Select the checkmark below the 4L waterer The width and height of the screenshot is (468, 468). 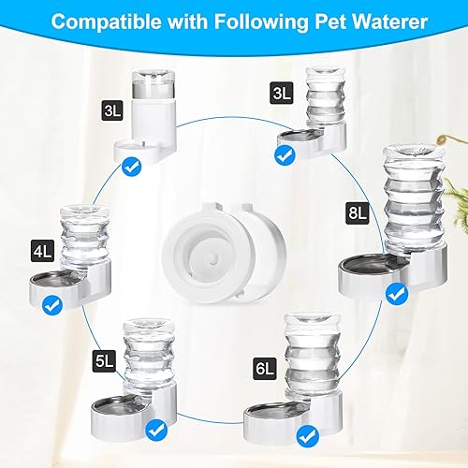[x=52, y=303]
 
